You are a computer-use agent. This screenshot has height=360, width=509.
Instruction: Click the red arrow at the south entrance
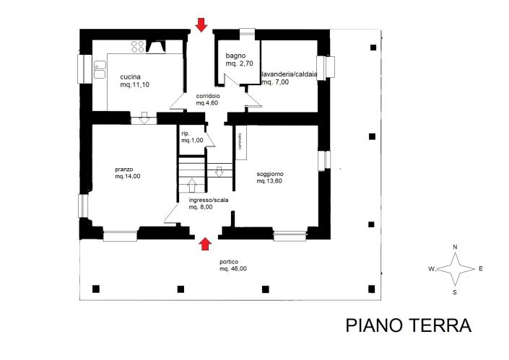[x=204, y=244]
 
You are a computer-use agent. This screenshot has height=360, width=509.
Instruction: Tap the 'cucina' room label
[x=130, y=76]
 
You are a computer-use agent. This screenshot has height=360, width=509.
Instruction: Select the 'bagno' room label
[x=235, y=56]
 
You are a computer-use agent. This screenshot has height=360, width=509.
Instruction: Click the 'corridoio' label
[x=208, y=96]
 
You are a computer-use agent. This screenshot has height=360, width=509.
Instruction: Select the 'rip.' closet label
[x=186, y=133]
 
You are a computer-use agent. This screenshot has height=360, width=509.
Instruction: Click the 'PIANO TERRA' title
[x=408, y=325]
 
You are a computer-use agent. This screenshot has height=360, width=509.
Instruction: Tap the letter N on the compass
[x=454, y=247]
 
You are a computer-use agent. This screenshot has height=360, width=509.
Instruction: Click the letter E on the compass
[x=480, y=269]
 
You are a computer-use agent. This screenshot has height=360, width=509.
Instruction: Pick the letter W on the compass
[x=430, y=269]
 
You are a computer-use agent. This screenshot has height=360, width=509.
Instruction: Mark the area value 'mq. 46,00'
[x=233, y=268]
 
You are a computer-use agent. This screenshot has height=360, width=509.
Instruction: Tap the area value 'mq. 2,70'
[x=238, y=64]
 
